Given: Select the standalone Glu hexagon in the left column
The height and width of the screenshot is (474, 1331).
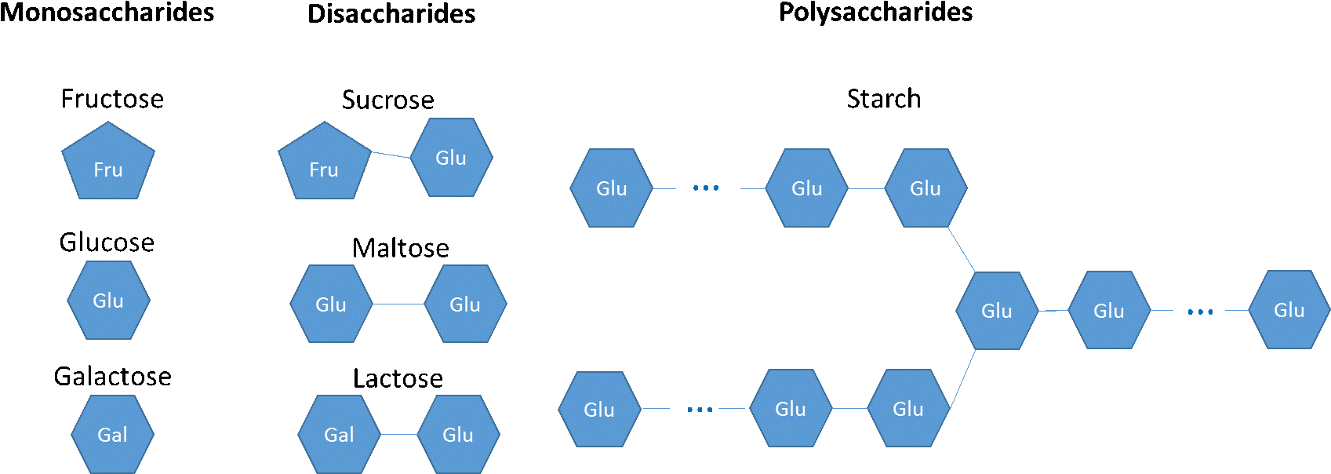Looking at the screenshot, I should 108,301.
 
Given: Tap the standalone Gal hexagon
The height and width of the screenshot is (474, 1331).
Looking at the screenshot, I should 112,434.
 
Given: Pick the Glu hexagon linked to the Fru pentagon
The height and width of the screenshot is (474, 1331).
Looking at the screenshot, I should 451,158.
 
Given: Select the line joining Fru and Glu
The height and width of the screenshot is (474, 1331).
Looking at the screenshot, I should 391,155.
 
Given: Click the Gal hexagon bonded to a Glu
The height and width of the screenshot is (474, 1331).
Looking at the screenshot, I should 339,434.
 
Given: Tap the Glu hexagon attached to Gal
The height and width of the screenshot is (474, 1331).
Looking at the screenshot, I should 458,434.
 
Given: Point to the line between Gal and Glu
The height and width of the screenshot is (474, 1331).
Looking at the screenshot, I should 398,434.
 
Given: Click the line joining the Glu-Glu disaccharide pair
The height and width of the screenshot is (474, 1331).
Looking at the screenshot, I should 398,304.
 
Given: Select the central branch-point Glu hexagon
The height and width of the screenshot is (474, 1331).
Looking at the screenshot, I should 997,311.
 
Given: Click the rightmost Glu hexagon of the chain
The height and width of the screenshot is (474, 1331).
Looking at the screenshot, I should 1289,310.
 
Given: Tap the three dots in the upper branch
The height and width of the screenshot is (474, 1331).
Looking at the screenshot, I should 706,188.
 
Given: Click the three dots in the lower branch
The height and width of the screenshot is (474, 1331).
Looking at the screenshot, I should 700,409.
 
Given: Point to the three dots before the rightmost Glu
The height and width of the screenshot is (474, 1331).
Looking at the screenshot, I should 1200,312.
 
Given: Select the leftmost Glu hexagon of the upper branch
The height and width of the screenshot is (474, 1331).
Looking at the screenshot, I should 611,188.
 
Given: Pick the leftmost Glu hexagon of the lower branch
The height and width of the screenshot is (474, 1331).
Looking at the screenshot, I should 599,409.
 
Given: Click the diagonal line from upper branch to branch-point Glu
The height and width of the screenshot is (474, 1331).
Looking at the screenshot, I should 961,250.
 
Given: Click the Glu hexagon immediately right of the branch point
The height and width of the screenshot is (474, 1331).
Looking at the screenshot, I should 1109,311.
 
